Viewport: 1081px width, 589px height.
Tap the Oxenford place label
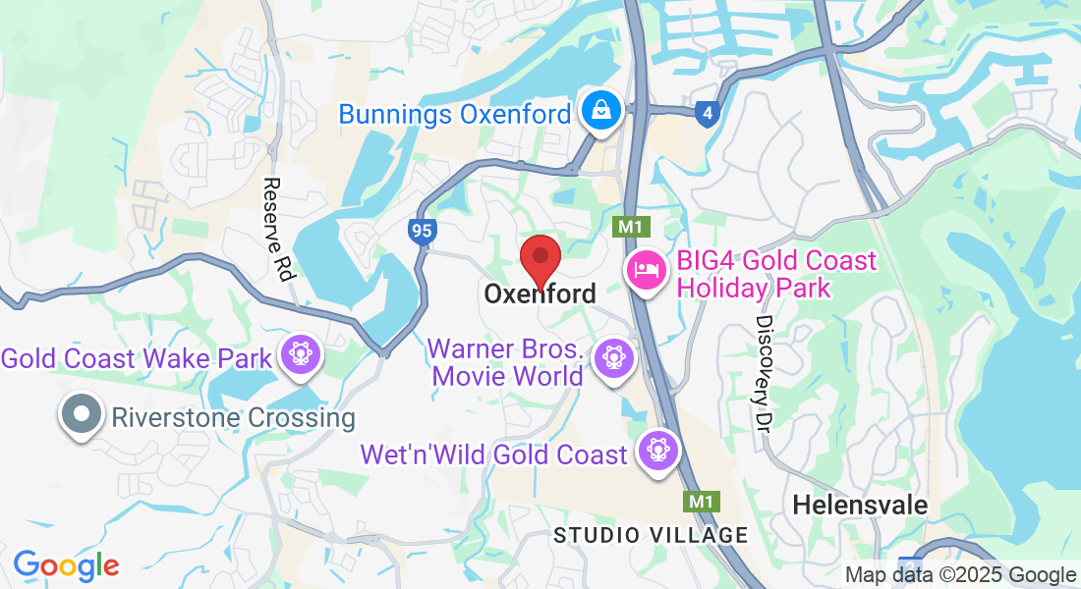[540, 294]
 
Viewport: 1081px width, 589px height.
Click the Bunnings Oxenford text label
[454, 114]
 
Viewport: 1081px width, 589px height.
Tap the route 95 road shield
[422, 232]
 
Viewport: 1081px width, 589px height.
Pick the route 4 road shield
[708, 114]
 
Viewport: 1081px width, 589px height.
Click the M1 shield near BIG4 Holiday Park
[629, 227]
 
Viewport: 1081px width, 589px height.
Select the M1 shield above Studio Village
[700, 502]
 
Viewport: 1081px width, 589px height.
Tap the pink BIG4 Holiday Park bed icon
[646, 269]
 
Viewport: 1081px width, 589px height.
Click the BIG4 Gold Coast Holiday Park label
[776, 274]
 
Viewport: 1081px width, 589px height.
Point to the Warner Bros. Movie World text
[507, 362]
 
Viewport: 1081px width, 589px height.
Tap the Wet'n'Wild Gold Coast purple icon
[657, 450]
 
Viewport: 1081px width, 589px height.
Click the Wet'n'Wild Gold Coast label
[493, 455]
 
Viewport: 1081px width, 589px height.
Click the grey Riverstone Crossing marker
[82, 414]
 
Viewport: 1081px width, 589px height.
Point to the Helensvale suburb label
[860, 505]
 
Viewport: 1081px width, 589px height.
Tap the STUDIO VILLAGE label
[650, 535]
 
